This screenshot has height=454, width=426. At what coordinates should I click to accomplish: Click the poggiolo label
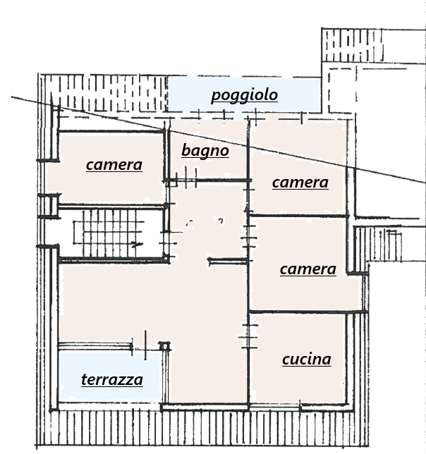(244, 95)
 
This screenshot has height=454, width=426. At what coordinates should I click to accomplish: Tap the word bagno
(205, 151)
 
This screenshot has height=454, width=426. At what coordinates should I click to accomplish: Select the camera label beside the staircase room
(114, 165)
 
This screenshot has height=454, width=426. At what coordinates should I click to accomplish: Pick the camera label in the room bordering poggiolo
(300, 183)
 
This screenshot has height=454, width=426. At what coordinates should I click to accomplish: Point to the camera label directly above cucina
(308, 269)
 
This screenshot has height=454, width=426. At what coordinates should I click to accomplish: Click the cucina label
(306, 360)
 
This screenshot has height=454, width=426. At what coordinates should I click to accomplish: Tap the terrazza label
(112, 380)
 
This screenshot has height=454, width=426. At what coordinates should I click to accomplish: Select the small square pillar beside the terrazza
(164, 346)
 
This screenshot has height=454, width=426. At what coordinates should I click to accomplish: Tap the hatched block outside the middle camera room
(381, 243)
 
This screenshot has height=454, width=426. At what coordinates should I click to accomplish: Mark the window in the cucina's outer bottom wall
(275, 407)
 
